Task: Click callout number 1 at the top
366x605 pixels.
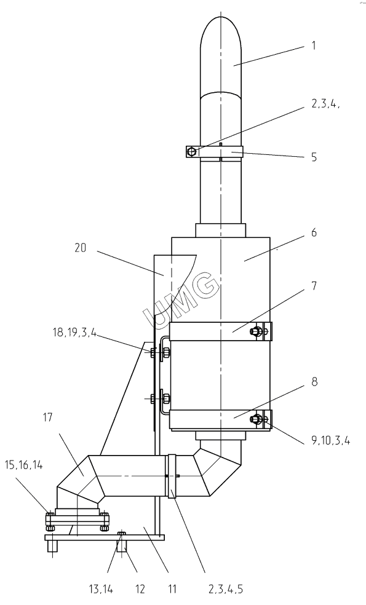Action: click(314, 45)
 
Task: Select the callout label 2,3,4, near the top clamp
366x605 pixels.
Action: click(325, 104)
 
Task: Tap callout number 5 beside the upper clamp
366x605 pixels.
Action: click(314, 157)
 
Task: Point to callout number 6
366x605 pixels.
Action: click(314, 232)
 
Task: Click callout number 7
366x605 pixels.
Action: click(314, 285)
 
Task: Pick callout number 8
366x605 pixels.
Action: click(314, 382)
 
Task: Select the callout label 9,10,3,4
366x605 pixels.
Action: click(330, 440)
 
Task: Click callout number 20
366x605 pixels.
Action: click(81, 248)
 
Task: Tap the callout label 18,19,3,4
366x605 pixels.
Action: click(74, 332)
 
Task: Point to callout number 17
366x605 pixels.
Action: click(47, 417)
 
